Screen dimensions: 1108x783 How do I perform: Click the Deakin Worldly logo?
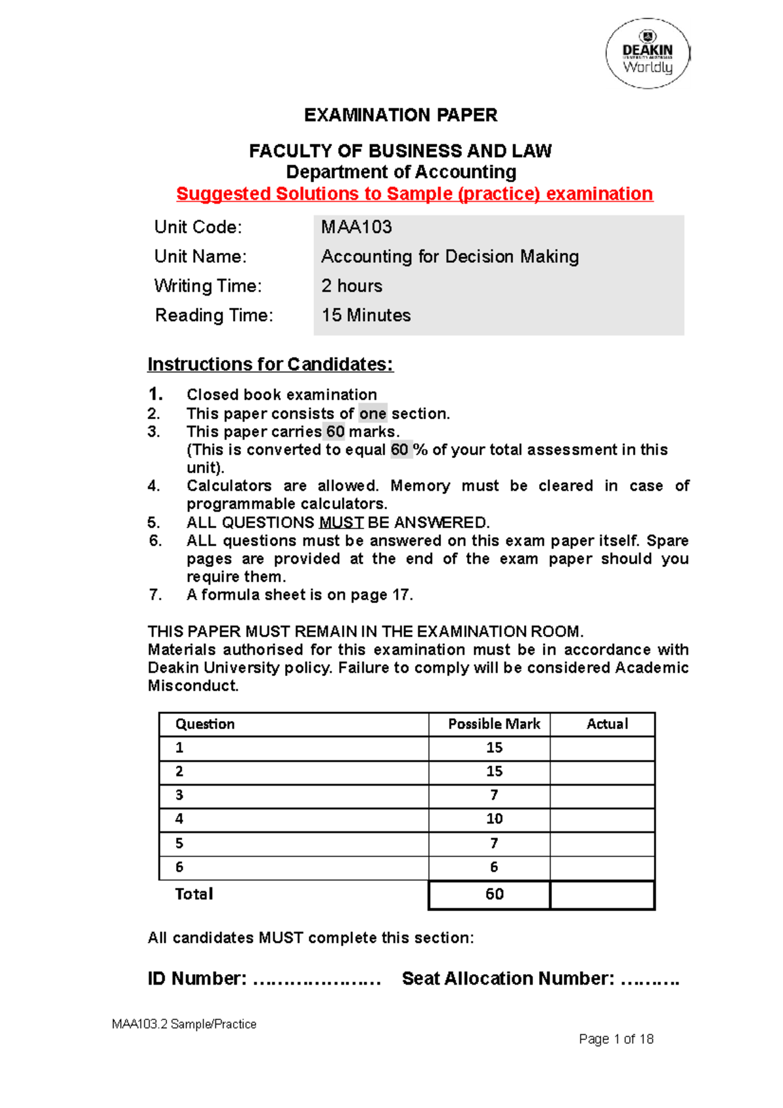[647, 54]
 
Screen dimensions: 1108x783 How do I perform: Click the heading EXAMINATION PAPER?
[401, 115]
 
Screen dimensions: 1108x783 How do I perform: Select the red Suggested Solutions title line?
[414, 194]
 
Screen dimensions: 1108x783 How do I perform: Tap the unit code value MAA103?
[356, 227]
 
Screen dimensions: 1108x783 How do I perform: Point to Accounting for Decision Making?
[450, 256]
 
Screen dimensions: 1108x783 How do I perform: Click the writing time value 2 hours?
[352, 286]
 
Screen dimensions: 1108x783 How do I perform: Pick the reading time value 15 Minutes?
[366, 315]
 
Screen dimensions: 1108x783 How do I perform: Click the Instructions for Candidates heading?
[270, 364]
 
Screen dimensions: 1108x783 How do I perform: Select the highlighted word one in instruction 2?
[373, 414]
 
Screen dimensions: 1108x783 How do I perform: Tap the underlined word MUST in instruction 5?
[341, 523]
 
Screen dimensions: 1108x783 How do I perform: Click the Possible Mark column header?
[494, 724]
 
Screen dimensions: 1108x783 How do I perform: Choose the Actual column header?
[607, 724]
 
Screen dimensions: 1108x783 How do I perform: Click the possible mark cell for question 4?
[494, 819]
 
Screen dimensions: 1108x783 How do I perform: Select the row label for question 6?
[179, 867]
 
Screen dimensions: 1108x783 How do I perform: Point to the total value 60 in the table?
[494, 895]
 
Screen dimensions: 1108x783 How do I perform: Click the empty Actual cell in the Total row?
[602, 895]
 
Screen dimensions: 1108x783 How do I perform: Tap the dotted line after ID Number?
[316, 979]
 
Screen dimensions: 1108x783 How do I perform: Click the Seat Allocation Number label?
[508, 979]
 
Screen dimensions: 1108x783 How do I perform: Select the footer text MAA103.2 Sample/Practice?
[184, 1024]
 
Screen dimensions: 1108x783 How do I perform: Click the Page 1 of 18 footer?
[616, 1039]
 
